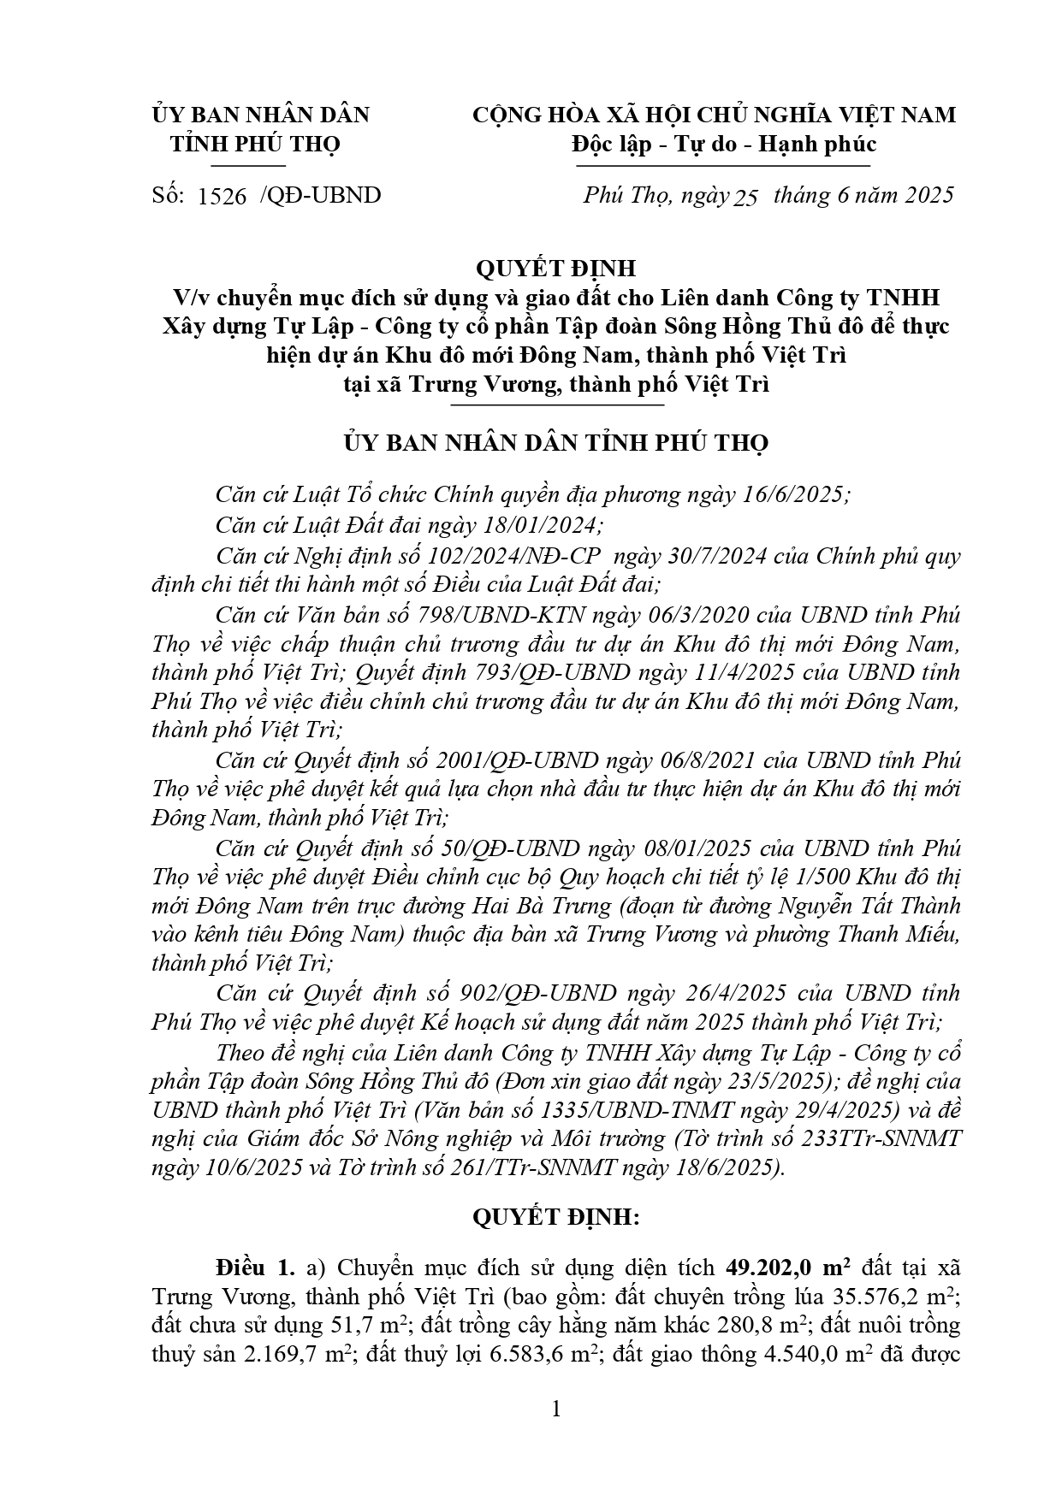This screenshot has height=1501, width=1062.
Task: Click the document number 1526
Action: click(x=222, y=196)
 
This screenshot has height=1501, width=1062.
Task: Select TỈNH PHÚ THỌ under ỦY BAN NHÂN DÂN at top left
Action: click(x=255, y=143)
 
